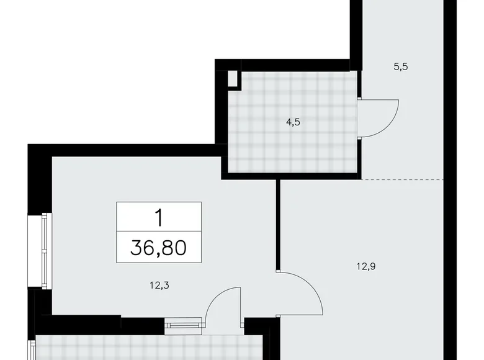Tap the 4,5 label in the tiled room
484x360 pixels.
pos(293,122)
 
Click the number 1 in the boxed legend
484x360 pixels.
pos(159,217)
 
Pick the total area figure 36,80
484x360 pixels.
pos(159,250)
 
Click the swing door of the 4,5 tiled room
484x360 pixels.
pos(379,118)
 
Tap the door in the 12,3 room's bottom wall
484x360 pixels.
pos(222,304)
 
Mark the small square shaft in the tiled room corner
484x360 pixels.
pos(233,79)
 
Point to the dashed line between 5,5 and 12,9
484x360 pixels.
pos(403,179)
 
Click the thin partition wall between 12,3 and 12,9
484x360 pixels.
pos(279,223)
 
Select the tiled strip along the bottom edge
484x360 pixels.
pos(149,348)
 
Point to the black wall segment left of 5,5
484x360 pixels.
pos(356,31)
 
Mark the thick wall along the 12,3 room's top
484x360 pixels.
pos(124,150)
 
